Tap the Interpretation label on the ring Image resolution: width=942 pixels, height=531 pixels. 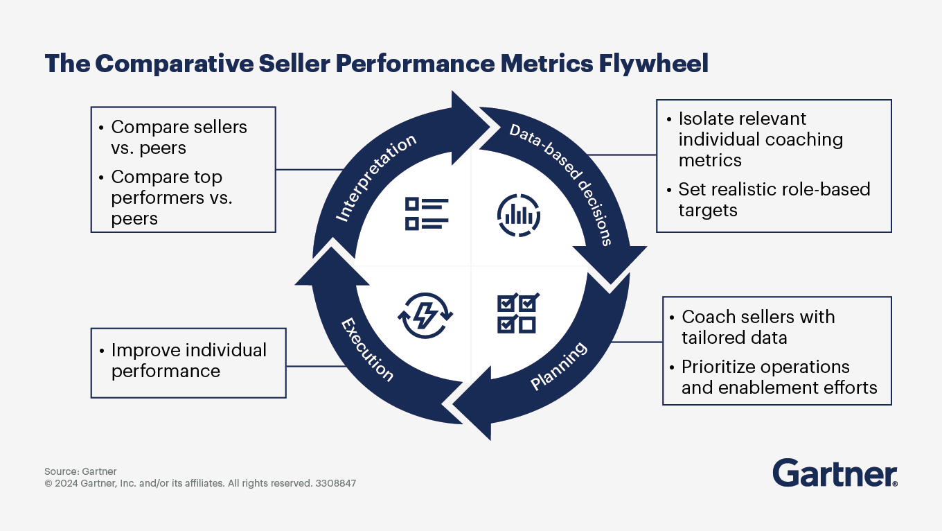pyautogui.click(x=376, y=177)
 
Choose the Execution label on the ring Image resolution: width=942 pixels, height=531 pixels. pyautogui.click(x=367, y=350)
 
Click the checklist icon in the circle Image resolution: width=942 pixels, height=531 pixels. pyautogui.click(x=426, y=214)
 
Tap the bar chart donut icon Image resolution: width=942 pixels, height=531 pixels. pyautogui.click(x=518, y=214)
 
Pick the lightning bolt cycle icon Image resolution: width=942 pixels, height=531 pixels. pyautogui.click(x=425, y=315)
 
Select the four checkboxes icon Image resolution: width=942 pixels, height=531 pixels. pyautogui.click(x=518, y=313)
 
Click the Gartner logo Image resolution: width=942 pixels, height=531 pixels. pyautogui.click(x=835, y=473)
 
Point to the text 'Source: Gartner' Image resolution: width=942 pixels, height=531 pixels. pyautogui.click(x=80, y=471)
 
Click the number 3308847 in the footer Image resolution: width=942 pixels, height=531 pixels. pyautogui.click(x=335, y=483)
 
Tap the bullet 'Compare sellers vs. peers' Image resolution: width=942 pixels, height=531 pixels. pyautogui.click(x=179, y=137)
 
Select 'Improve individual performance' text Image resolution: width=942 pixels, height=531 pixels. pyautogui.click(x=188, y=360)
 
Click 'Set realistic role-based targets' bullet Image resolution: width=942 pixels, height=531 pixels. pyautogui.click(x=774, y=200)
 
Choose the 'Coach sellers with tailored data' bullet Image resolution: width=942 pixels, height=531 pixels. pyautogui.click(x=758, y=327)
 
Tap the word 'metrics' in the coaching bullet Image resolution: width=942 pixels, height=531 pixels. pyautogui.click(x=709, y=160)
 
